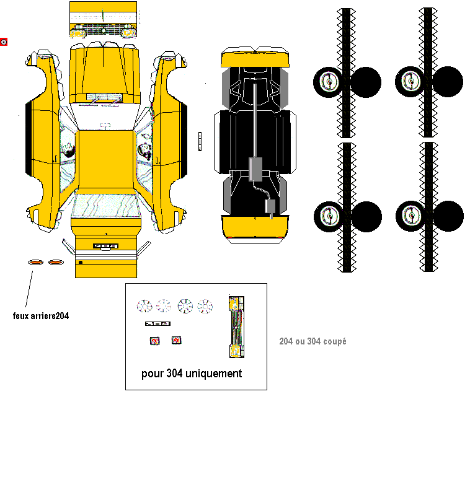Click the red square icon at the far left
4,42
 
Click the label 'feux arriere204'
41,316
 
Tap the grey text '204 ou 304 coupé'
313,341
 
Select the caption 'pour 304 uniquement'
192,374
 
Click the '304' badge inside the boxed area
157,323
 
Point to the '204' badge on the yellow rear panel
105,246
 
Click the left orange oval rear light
36,262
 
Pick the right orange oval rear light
56,262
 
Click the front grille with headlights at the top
104,30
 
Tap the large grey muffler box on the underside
255,169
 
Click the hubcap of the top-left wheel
329,82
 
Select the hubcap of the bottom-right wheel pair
411,216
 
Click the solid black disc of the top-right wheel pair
448,81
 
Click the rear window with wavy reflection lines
105,206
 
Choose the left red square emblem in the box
155,341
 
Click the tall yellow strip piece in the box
236,326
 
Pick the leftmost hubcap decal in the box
144,306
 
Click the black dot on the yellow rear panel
81,262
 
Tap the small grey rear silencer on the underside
270,206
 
